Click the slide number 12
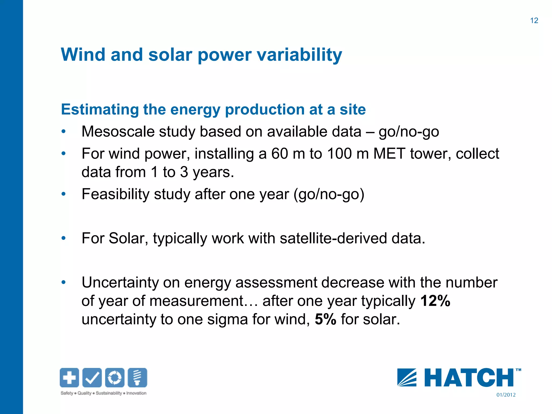click(x=534, y=20)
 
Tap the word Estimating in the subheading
click(x=99, y=110)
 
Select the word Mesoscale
click(x=118, y=132)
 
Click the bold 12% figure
click(x=435, y=301)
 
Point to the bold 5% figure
click(x=325, y=319)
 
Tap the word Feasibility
click(x=115, y=194)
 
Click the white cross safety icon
click(x=70, y=377)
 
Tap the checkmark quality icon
click(x=92, y=377)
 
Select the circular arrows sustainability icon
click(x=115, y=377)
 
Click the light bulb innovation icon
click(x=137, y=377)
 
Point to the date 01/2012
click(x=506, y=395)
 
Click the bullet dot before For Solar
click(x=63, y=238)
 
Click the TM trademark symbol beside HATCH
click(x=518, y=370)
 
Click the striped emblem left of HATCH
click(x=407, y=378)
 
